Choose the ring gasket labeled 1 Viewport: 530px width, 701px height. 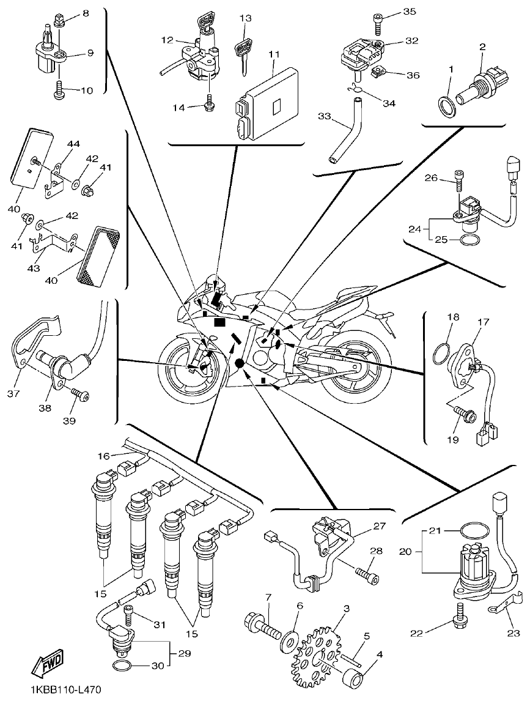pos(447,101)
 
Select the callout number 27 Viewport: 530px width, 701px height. pos(380,525)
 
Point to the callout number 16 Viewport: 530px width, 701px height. pos(103,456)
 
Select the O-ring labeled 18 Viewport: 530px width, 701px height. pos(443,353)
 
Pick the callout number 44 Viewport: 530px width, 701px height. pos(73,144)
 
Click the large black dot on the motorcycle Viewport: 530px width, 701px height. pos(239,363)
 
